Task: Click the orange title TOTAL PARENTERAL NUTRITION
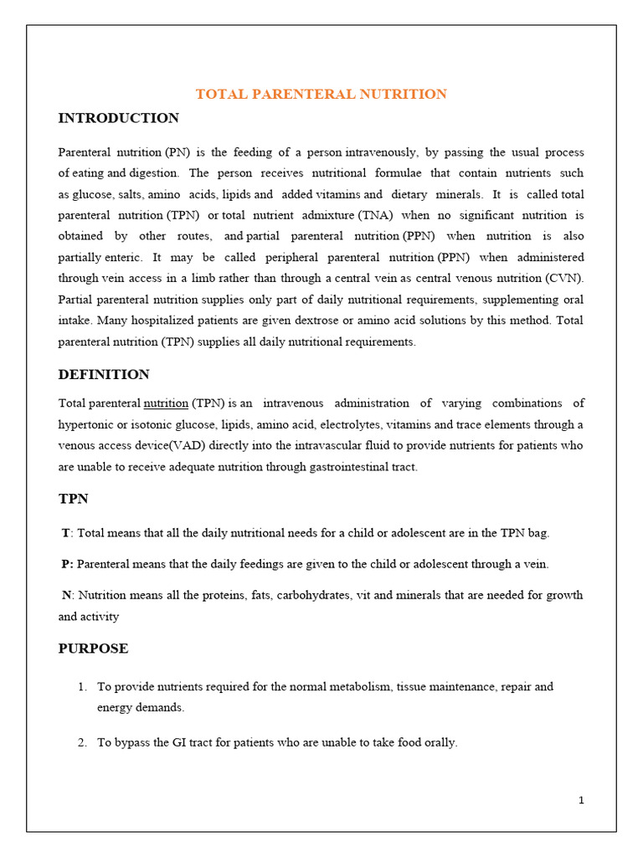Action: [x=321, y=94]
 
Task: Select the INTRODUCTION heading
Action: [x=118, y=118]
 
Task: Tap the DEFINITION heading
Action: [x=104, y=374]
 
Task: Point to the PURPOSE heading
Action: [x=93, y=649]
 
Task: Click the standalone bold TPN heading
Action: [x=73, y=499]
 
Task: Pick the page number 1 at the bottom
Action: [x=581, y=800]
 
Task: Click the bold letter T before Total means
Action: [x=66, y=533]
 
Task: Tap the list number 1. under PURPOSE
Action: [x=82, y=687]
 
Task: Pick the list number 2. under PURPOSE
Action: [x=82, y=742]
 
